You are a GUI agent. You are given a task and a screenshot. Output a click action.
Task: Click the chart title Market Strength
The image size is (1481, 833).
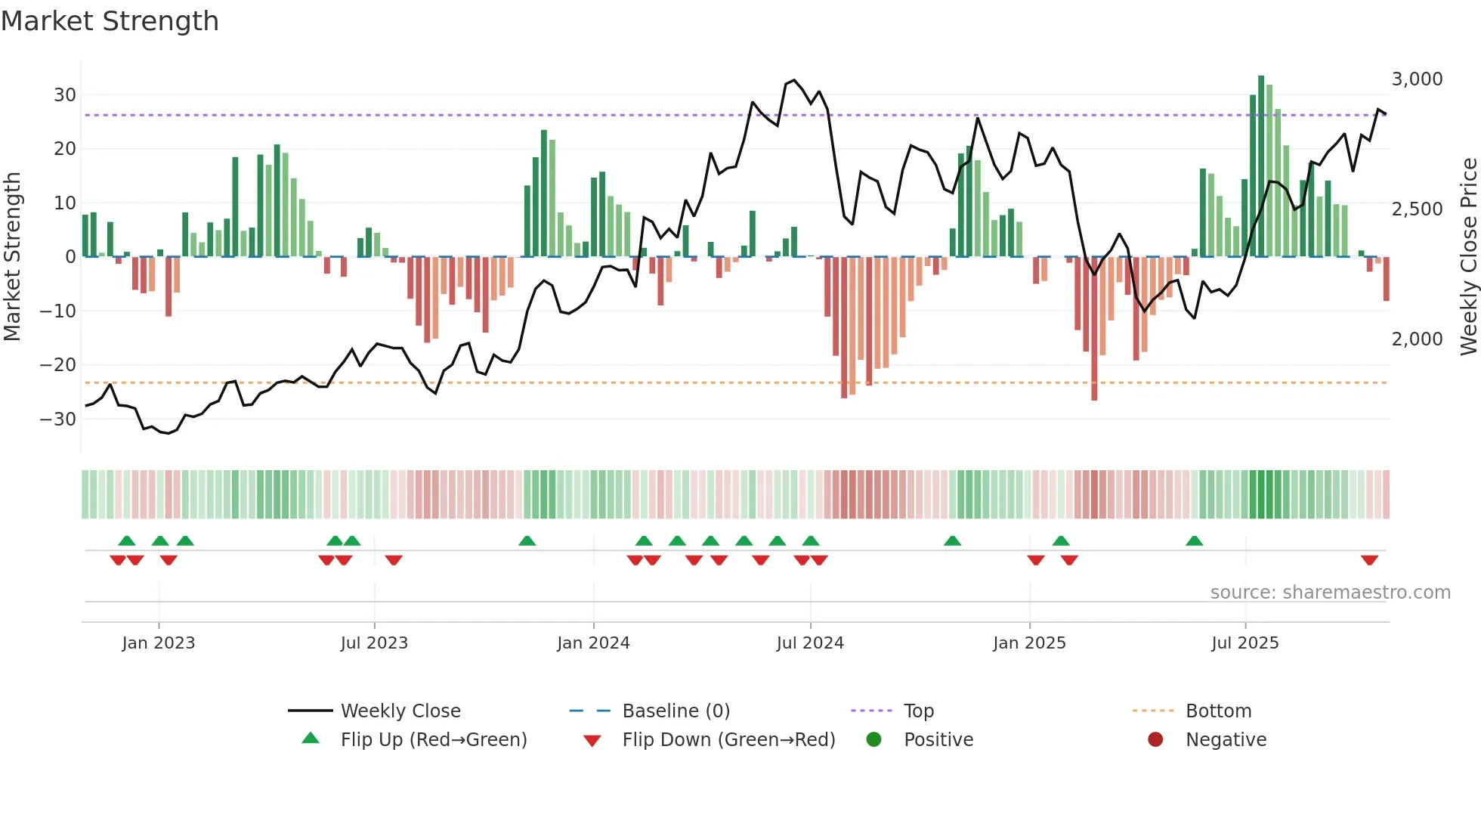click(110, 21)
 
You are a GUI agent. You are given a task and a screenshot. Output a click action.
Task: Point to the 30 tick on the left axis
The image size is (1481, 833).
click(65, 95)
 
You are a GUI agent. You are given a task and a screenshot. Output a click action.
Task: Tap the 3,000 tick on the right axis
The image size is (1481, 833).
click(1417, 79)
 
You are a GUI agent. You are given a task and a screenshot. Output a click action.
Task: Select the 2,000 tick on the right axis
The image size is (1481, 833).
click(1417, 339)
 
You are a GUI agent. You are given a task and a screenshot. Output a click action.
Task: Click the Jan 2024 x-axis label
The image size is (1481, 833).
click(593, 643)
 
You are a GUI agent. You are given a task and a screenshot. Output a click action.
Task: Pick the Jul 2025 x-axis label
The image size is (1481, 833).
click(1244, 643)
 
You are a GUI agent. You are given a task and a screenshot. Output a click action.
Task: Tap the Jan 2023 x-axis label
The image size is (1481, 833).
click(159, 643)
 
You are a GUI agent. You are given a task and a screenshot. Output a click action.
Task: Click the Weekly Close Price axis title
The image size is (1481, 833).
click(1468, 257)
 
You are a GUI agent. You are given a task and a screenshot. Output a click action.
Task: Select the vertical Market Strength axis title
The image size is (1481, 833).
click(12, 257)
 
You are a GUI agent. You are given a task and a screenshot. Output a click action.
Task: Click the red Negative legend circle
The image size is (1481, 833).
click(1155, 740)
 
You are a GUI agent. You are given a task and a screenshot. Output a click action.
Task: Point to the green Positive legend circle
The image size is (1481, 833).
click(873, 740)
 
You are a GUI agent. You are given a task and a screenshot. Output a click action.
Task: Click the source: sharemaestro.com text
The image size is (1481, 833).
click(1330, 593)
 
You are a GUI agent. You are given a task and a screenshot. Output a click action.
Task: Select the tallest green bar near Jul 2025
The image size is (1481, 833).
click(1261, 166)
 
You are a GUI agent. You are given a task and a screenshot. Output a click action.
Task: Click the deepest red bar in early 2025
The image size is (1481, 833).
click(1094, 329)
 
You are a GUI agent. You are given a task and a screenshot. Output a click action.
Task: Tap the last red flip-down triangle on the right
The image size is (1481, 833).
click(1369, 560)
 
